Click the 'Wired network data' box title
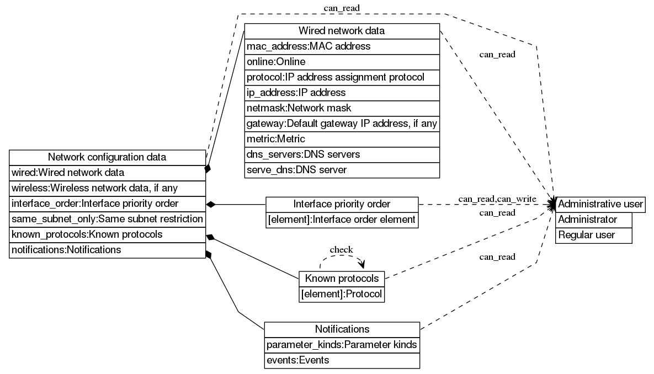click(x=342, y=31)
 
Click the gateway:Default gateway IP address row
click(x=342, y=124)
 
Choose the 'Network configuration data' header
click(x=107, y=157)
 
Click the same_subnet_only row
click(x=107, y=219)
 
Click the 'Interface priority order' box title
click(x=342, y=204)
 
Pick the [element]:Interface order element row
click(x=342, y=220)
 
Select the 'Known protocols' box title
click(x=342, y=278)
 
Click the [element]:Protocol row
click(x=342, y=294)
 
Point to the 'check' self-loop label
click(x=341, y=250)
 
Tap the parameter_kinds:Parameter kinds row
click(x=342, y=345)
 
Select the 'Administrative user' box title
click(x=600, y=204)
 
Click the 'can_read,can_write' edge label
click(x=497, y=199)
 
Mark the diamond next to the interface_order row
click(x=210, y=204)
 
